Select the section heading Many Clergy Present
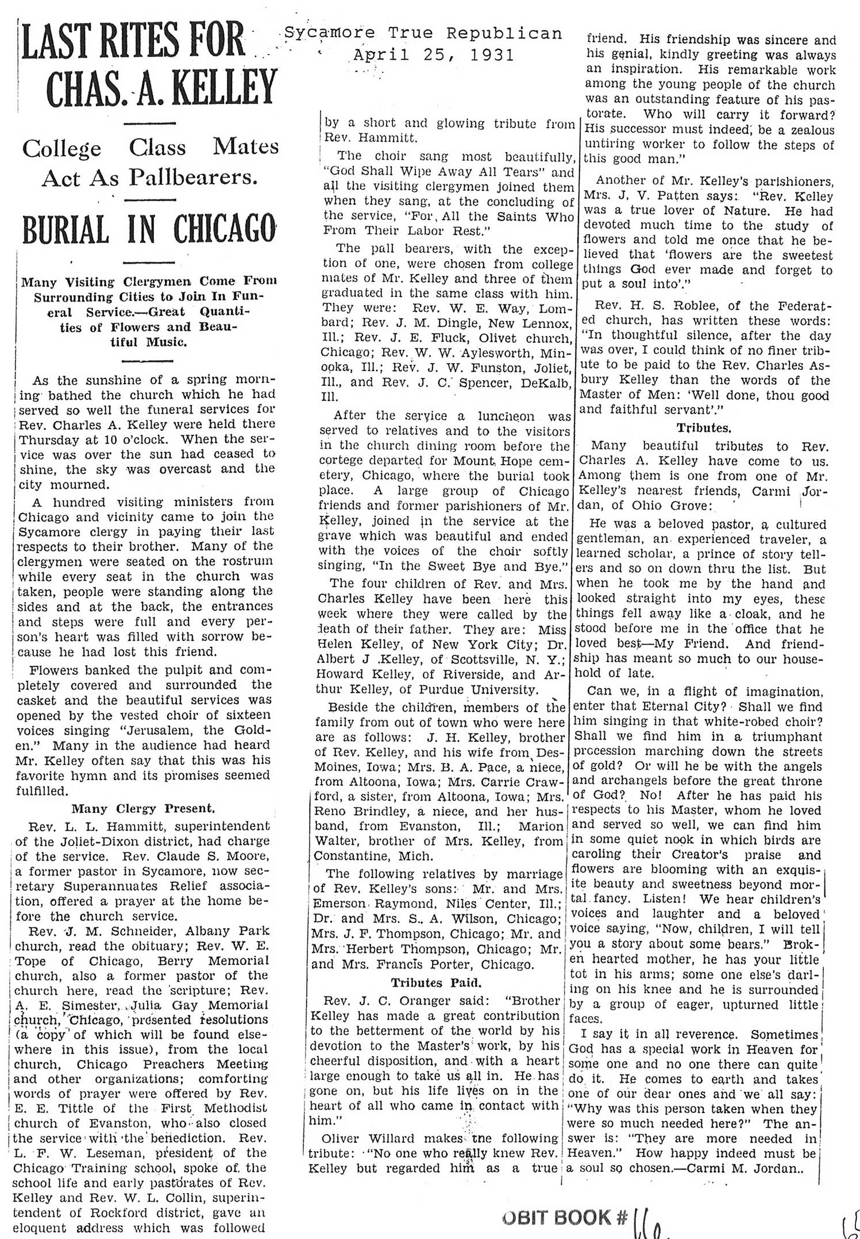143,809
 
